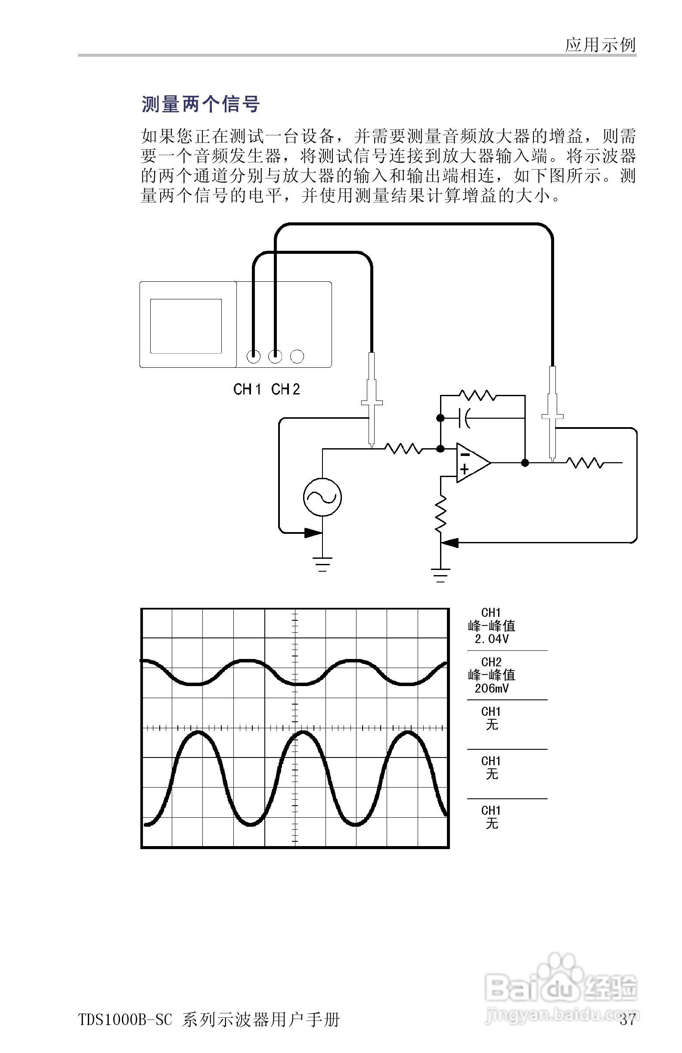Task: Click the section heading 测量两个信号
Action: click(201, 105)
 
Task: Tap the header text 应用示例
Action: click(600, 45)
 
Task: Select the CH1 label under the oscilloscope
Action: click(248, 389)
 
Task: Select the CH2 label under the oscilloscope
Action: click(285, 389)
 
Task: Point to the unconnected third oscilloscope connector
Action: click(297, 356)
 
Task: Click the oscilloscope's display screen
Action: click(186, 326)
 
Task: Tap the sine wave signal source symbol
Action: click(322, 497)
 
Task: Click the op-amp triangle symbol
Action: click(472, 462)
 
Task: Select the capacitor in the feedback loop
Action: click(465, 418)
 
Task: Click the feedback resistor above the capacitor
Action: click(477, 395)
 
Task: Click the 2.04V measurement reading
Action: click(492, 639)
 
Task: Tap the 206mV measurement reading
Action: click(492, 688)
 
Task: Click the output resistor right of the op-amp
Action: click(585, 463)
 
